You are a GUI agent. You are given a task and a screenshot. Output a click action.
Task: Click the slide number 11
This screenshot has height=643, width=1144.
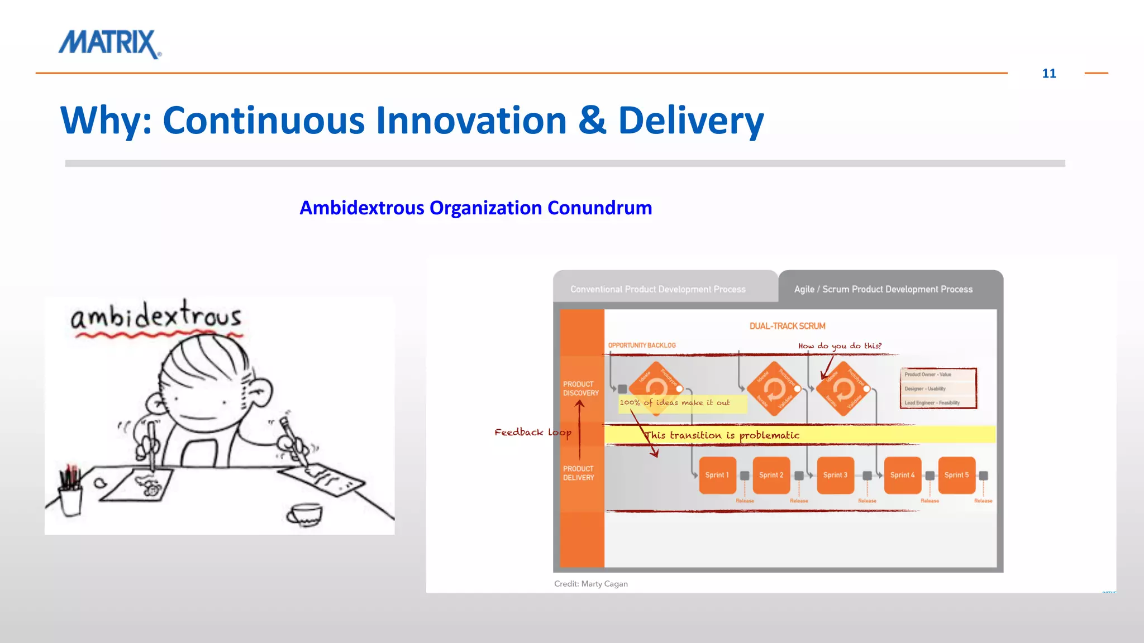click(1048, 74)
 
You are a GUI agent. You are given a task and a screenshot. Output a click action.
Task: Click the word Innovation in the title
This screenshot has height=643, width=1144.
click(471, 121)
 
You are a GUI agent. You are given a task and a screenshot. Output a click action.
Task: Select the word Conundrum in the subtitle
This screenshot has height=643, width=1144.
click(599, 208)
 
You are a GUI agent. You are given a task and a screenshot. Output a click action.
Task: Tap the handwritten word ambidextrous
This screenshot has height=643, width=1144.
click(156, 316)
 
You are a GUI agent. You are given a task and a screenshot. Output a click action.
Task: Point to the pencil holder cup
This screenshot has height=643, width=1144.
click(70, 498)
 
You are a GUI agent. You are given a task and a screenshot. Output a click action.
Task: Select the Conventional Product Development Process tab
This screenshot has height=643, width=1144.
click(657, 289)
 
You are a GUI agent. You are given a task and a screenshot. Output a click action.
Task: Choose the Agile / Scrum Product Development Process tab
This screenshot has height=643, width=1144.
click(883, 289)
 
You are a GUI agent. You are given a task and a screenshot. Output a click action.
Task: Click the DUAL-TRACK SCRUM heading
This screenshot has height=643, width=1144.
click(787, 326)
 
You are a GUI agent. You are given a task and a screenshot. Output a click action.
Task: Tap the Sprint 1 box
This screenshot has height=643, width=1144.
click(717, 475)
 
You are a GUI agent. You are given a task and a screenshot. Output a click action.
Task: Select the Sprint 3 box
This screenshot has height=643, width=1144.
click(835, 475)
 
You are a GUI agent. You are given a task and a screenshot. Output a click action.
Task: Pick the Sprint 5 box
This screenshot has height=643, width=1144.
click(956, 475)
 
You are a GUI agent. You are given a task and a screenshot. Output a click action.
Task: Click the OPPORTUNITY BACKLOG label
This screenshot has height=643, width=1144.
click(642, 346)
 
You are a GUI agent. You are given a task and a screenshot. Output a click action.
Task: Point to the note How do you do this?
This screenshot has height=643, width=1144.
click(840, 346)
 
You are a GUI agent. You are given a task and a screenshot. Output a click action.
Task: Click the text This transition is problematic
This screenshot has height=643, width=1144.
click(722, 435)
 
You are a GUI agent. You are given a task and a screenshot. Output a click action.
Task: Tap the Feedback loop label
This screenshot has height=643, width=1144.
click(532, 432)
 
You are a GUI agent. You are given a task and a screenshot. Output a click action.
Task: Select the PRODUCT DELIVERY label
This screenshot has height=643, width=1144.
click(579, 473)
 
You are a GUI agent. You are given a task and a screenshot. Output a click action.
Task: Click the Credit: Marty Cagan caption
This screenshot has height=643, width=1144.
click(590, 584)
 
